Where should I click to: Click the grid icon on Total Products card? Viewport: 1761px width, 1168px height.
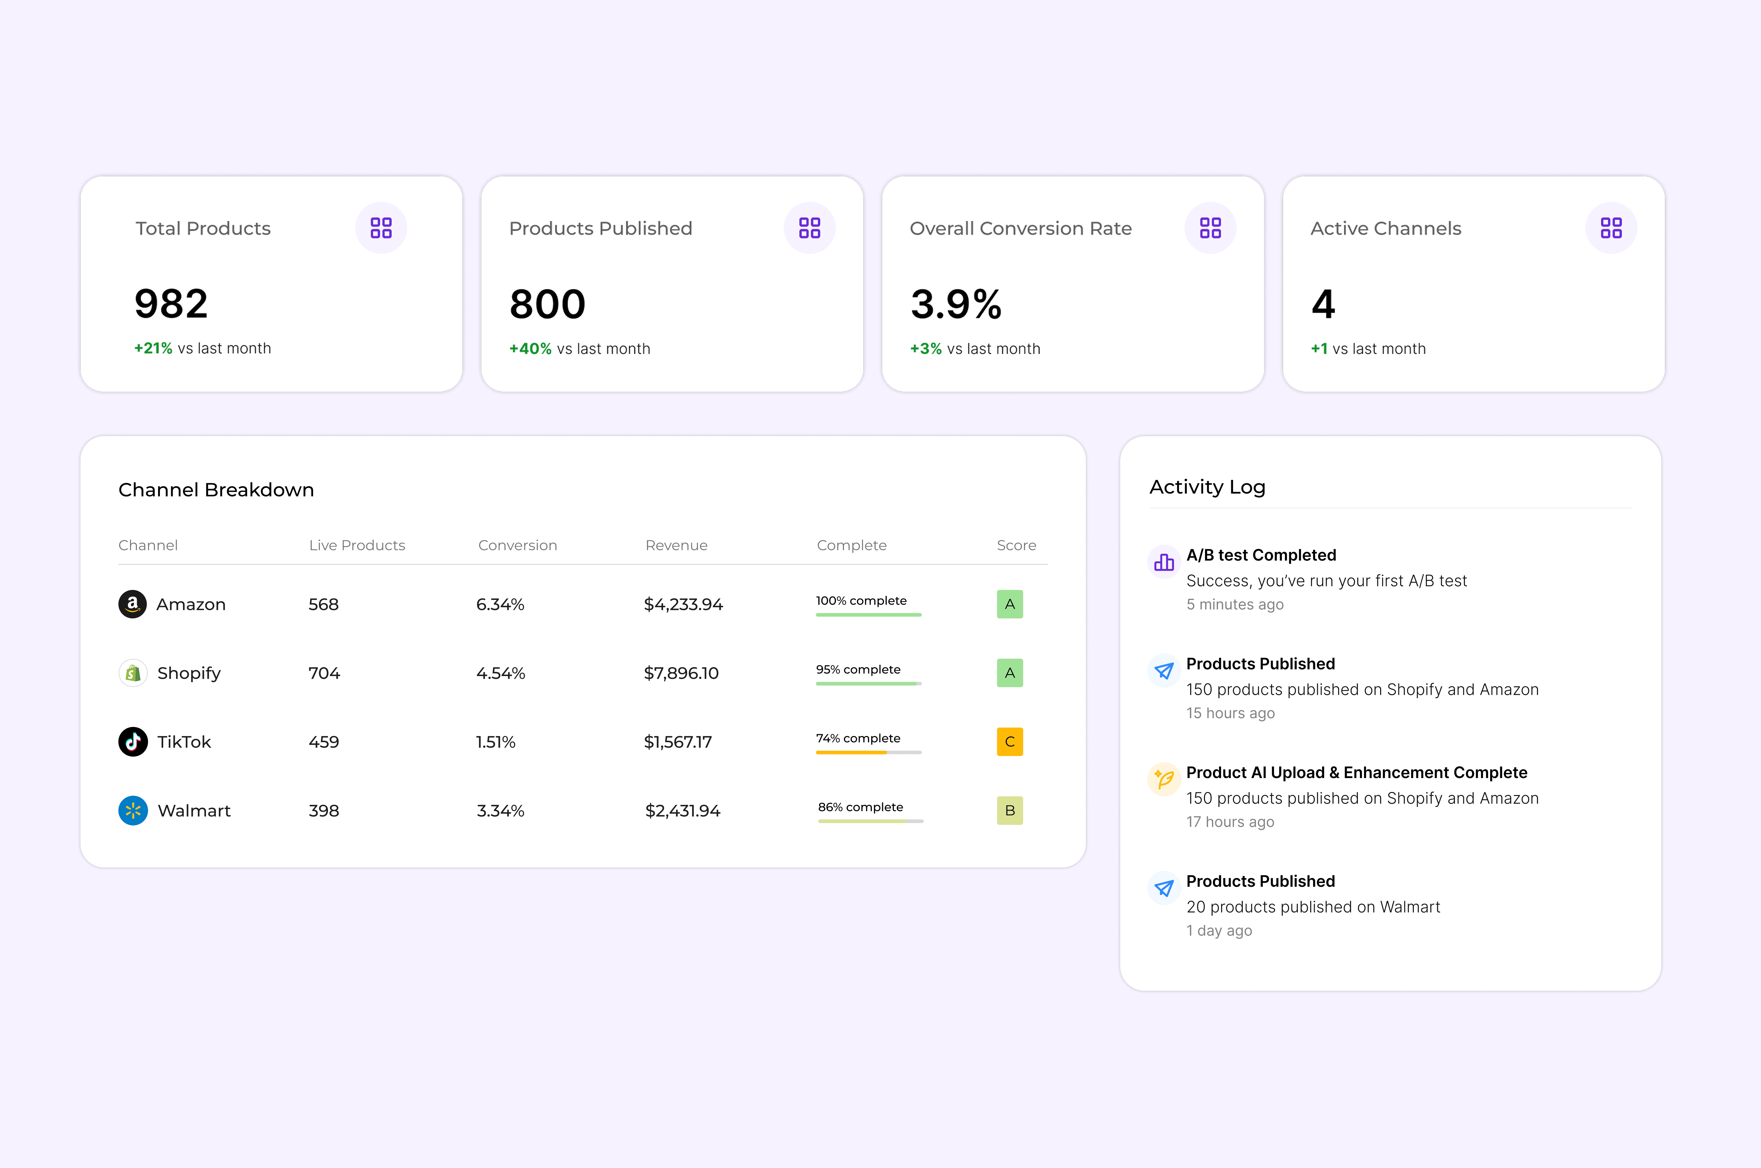(x=381, y=228)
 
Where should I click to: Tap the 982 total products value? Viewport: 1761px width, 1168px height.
(x=171, y=304)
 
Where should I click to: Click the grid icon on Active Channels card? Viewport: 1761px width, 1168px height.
(x=1611, y=228)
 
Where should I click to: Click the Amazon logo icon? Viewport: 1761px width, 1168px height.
(x=133, y=604)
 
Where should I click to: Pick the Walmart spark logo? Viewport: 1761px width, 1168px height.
(x=133, y=811)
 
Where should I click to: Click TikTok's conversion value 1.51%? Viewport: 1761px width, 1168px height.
(x=495, y=742)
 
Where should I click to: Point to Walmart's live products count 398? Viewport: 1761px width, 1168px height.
(x=324, y=811)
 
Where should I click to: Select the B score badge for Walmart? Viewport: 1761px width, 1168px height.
(x=1009, y=811)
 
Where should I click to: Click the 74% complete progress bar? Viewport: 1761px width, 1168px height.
(x=868, y=752)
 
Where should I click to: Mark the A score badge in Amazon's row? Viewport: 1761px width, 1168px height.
(x=1009, y=604)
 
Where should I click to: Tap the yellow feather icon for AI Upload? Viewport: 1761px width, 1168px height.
(x=1164, y=779)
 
